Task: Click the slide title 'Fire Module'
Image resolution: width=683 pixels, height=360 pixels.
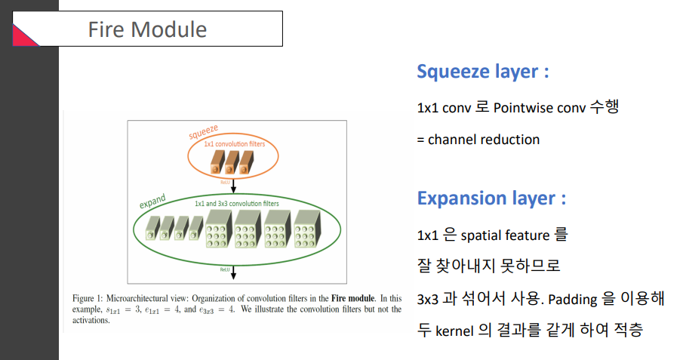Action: click(x=147, y=29)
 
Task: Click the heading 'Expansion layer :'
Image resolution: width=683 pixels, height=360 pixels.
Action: click(x=491, y=198)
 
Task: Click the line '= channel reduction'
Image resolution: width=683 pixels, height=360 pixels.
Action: click(x=478, y=139)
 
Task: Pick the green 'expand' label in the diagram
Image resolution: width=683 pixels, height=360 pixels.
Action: click(x=152, y=202)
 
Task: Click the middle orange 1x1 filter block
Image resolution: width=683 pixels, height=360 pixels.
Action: click(x=232, y=162)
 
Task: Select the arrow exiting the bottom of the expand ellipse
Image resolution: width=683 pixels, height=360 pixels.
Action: click(x=234, y=272)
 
